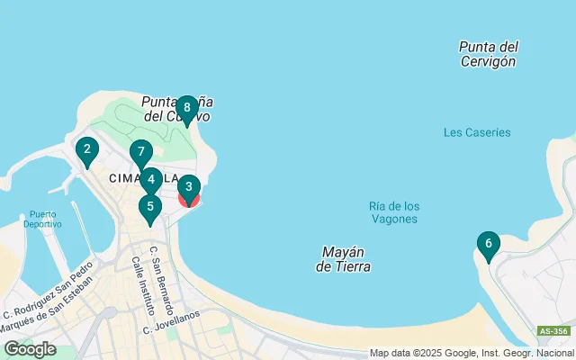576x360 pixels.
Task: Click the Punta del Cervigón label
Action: tap(487, 54)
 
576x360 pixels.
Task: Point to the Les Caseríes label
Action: tap(477, 132)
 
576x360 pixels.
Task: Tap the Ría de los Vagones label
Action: tap(394, 212)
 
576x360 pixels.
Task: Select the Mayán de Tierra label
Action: tap(344, 259)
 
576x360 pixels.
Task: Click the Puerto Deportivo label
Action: tap(43, 219)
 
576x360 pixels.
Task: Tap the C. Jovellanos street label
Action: tap(172, 329)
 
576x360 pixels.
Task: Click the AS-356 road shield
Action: tap(553, 331)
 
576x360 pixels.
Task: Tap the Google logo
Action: tap(30, 349)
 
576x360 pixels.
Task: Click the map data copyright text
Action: tap(472, 353)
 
